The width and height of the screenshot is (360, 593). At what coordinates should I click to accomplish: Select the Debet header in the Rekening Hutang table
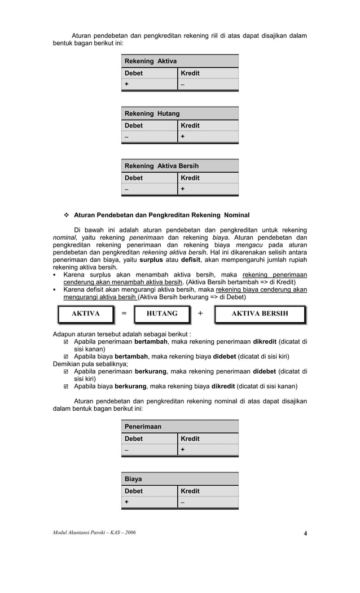[134, 125]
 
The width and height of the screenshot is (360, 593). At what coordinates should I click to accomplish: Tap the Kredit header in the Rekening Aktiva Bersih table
[190, 178]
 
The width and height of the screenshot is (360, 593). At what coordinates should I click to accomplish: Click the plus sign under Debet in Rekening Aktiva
[127, 84]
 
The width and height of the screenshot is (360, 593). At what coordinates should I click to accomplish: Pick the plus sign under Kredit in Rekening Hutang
[183, 137]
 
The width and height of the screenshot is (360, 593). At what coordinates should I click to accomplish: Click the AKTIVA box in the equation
[85, 314]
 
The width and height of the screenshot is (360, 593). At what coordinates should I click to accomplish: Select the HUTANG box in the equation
[162, 314]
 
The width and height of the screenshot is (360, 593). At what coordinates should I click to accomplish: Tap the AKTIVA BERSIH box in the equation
[260, 314]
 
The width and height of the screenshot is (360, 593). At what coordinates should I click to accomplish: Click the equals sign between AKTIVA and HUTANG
[124, 314]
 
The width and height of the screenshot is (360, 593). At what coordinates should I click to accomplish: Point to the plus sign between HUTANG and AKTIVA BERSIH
[200, 314]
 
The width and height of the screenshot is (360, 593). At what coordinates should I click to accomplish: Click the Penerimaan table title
[143, 427]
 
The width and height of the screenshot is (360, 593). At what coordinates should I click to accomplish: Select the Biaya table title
[133, 479]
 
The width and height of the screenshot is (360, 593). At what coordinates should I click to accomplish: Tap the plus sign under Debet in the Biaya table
[127, 502]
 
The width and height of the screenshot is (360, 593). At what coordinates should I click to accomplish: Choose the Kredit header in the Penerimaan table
[190, 438]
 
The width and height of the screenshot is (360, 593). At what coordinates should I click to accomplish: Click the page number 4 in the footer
[305, 534]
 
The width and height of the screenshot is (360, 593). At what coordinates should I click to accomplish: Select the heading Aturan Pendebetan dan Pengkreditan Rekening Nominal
[161, 215]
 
